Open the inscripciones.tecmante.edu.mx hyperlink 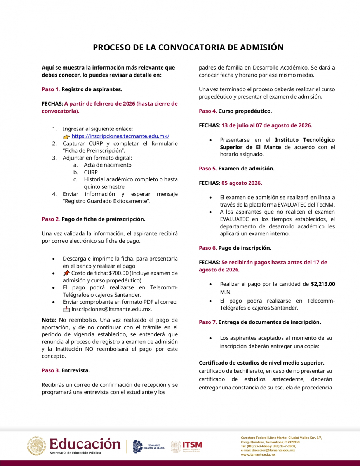120,136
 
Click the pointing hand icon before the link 66,136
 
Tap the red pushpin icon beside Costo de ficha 66,273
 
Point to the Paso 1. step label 50,89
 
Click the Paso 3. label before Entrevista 50,370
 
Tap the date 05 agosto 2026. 242,183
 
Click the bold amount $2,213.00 323,284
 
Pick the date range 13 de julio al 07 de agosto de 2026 266,125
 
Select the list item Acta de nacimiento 108,165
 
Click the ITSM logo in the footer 186,446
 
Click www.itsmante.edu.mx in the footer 258,454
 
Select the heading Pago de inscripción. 245,248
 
